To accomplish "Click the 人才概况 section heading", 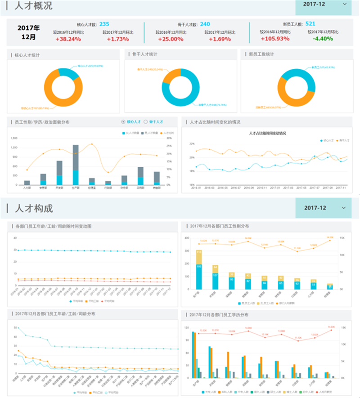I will pyautogui.click(x=34, y=6).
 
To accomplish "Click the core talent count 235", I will pyautogui.click(x=104, y=24).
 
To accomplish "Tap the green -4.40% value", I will pyautogui.click(x=320, y=39).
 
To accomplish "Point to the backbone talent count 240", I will pyautogui.click(x=205, y=24).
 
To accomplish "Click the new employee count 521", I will pyautogui.click(x=310, y=24).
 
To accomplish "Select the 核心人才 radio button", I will pyautogui.click(x=124, y=122).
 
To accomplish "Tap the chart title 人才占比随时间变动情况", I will pyautogui.click(x=267, y=133).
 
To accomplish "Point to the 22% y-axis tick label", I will pyautogui.click(x=192, y=144).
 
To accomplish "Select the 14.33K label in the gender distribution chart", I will pyautogui.click(x=330, y=237).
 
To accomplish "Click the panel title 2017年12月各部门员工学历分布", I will pyautogui.click(x=220, y=315).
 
